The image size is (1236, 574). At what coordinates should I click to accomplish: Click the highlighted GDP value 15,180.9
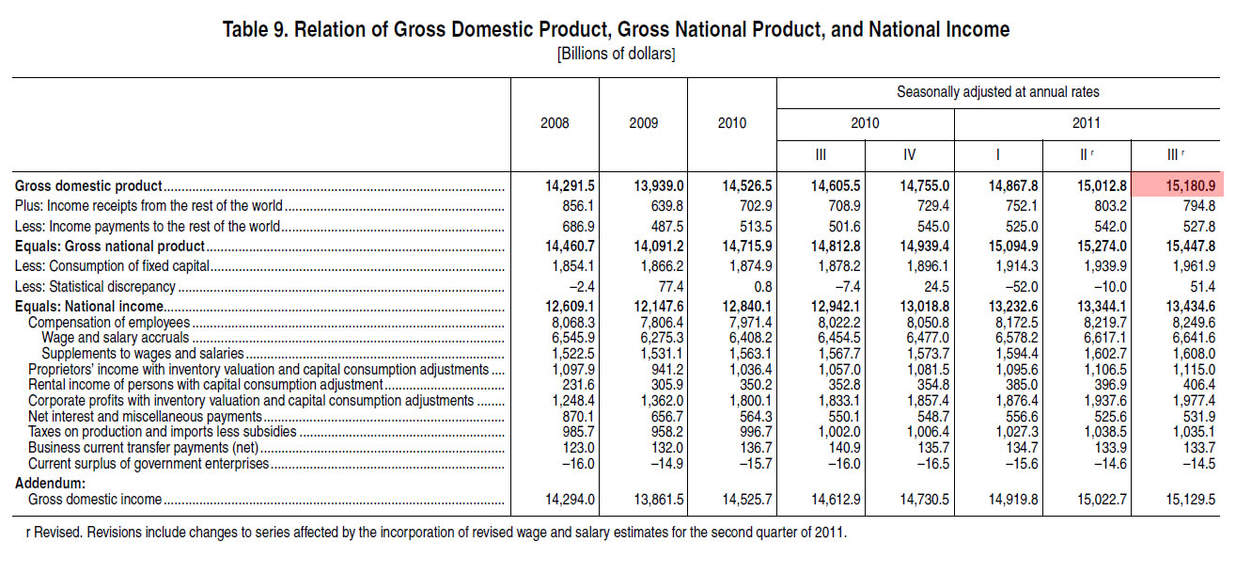[1190, 185]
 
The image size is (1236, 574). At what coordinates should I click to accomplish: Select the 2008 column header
[555, 122]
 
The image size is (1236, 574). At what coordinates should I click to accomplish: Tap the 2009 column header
[644, 122]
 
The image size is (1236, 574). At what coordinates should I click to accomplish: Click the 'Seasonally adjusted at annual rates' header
[997, 91]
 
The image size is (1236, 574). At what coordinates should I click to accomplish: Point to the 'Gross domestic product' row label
[88, 185]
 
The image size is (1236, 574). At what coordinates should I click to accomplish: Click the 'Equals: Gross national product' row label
[110, 246]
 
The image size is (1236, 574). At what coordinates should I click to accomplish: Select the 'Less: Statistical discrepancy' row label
[95, 287]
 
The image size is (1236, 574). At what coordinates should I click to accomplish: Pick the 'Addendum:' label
[50, 484]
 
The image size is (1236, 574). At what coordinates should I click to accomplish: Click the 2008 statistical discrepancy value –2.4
[578, 287]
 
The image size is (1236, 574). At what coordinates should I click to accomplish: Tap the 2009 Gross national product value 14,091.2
[658, 246]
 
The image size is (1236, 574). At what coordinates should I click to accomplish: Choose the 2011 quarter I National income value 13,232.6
[1013, 306]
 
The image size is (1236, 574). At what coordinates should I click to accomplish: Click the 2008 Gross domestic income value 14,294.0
[570, 500]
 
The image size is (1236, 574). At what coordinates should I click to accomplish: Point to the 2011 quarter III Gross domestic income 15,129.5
[1190, 500]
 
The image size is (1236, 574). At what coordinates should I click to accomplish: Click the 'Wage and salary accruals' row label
[116, 338]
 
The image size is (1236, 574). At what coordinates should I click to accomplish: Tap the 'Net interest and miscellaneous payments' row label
[145, 416]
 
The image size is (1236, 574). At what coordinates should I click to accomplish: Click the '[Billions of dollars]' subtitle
[616, 55]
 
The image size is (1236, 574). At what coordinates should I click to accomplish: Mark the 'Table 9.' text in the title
[255, 29]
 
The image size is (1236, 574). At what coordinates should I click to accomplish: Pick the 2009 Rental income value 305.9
[666, 385]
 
